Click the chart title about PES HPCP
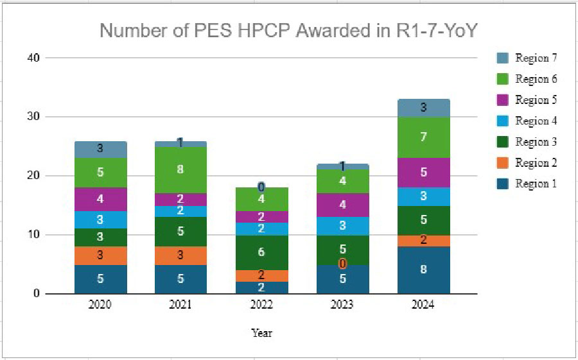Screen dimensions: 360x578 [x=290, y=30]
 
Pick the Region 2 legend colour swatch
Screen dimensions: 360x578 [x=503, y=163]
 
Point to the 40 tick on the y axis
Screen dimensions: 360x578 [x=33, y=58]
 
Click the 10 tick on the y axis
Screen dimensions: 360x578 [x=33, y=235]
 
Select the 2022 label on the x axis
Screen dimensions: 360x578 [x=261, y=305]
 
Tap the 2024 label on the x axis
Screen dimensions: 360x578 [x=423, y=305]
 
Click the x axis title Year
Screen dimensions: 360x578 [x=261, y=333]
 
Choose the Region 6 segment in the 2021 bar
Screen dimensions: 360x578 [x=180, y=170]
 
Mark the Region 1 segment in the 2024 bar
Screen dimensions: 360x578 [x=423, y=270]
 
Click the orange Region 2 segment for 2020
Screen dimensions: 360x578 [x=100, y=256]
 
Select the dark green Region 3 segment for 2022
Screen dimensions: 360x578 [x=261, y=253]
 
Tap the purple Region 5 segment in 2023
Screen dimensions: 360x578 [x=342, y=205]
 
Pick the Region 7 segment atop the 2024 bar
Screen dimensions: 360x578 [x=423, y=108]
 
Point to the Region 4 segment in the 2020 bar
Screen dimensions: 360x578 [x=100, y=220]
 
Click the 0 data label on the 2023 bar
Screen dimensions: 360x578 [x=342, y=264]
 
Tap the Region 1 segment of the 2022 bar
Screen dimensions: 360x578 [x=261, y=287]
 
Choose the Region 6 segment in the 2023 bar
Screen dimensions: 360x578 [x=342, y=182]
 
